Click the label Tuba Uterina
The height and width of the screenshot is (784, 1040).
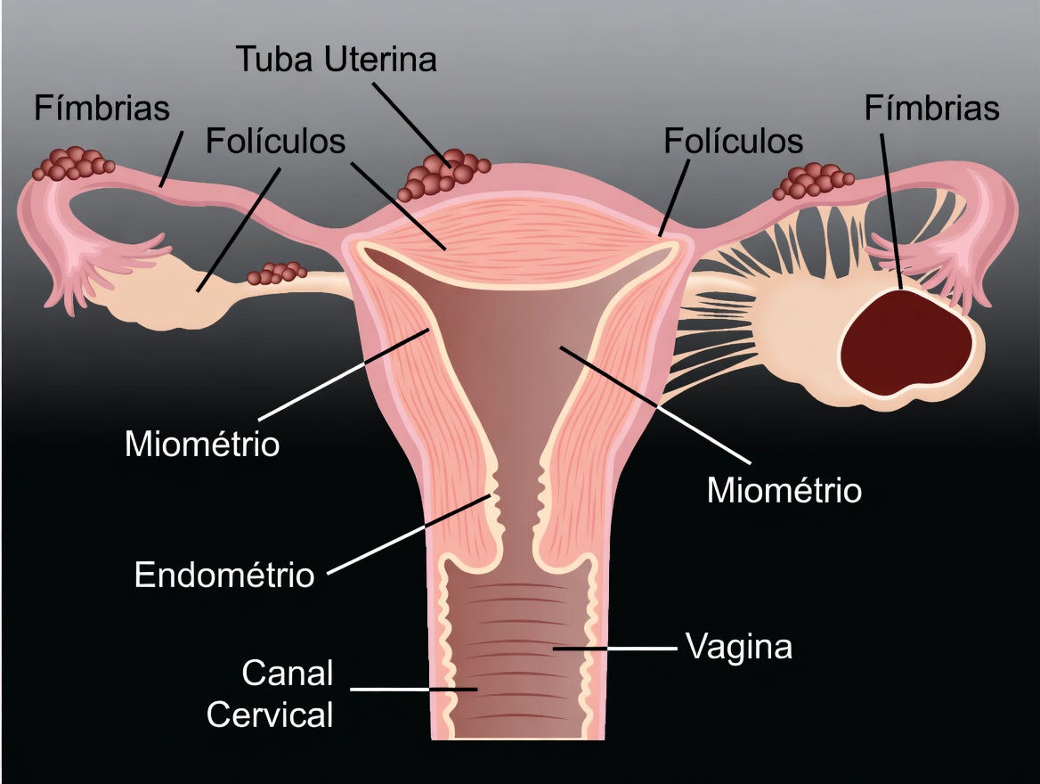click(x=336, y=61)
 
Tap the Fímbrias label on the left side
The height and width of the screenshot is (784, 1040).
click(x=102, y=109)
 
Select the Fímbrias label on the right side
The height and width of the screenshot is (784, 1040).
click(x=931, y=109)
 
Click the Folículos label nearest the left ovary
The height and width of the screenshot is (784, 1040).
click(x=275, y=141)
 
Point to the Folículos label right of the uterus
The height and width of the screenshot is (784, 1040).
click(x=734, y=141)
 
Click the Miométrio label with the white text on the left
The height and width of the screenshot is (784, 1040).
click(x=202, y=443)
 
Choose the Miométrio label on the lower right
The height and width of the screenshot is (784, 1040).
click(x=784, y=490)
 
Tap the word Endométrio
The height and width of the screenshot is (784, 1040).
click(x=224, y=575)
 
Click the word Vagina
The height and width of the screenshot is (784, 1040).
click(x=738, y=646)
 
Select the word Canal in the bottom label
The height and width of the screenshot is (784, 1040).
click(x=287, y=674)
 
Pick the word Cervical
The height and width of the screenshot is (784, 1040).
click(x=270, y=714)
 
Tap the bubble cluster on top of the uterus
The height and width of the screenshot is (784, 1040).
click(x=442, y=176)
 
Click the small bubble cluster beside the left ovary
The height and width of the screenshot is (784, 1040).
click(x=277, y=272)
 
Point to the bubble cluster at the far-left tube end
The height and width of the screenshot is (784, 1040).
click(x=73, y=165)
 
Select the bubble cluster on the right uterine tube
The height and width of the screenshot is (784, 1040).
click(x=810, y=181)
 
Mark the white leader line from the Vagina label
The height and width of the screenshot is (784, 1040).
click(x=614, y=649)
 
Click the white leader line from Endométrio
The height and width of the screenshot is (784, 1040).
click(x=410, y=535)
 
